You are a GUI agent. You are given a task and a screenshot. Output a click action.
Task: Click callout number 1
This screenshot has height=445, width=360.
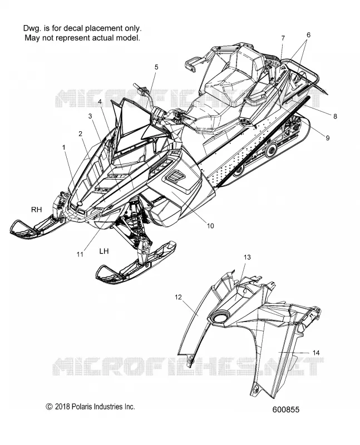64,147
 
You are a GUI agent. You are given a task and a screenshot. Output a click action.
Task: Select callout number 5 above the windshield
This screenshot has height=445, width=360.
156,67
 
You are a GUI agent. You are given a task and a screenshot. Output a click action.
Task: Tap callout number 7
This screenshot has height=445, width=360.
283,38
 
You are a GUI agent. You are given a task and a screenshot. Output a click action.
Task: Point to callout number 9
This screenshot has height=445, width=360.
327,138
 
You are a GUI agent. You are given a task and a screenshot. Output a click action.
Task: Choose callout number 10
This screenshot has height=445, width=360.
210,226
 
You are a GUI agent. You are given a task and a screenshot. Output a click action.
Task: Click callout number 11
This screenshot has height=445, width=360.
80,254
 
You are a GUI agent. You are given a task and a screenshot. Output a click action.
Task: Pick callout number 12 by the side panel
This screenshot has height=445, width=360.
178,297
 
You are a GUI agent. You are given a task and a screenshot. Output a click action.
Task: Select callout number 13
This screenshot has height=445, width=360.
247,257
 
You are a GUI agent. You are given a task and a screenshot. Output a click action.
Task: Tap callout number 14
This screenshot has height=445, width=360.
316,353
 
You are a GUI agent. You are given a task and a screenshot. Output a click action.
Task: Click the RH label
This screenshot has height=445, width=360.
36,210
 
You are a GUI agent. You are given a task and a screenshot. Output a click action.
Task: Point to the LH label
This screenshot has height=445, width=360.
104,251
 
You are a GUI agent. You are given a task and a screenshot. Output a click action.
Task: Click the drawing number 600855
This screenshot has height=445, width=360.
286,409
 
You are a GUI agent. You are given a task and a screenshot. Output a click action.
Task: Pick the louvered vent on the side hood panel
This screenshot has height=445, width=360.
175,177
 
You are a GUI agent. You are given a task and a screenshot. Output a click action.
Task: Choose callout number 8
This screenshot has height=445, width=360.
335,116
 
